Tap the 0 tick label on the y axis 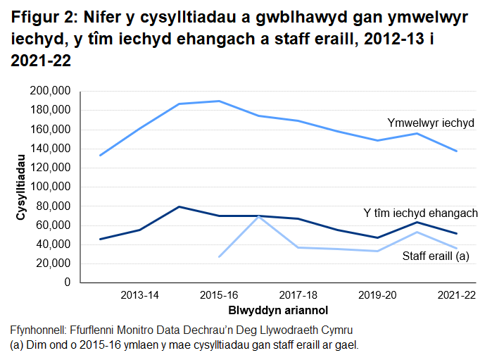click(68, 283)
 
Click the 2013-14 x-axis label click(139, 294)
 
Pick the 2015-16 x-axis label click(219, 294)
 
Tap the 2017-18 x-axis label click(298, 294)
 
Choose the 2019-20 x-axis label click(378, 294)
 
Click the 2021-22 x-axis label click(457, 294)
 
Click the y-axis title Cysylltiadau click(20, 187)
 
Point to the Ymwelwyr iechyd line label click(431, 123)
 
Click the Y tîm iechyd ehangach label click(420, 213)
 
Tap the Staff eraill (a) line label click(436, 256)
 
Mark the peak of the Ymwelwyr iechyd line click(219, 101)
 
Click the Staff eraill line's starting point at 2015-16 click(219, 256)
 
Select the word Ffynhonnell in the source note click(38, 330)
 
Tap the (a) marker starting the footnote click(17, 345)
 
